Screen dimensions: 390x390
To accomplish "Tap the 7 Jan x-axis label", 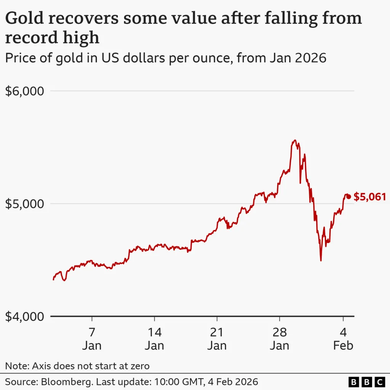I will click(x=92, y=339).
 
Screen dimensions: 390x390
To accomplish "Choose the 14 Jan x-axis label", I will click(x=154, y=339).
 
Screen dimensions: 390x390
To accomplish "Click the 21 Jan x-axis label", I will click(x=217, y=339).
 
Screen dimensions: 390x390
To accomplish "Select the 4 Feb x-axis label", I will click(x=343, y=339).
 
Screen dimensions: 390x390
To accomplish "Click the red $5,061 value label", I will click(x=370, y=197).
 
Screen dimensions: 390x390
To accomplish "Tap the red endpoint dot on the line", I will click(x=348, y=197).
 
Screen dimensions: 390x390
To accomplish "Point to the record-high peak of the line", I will click(x=294, y=141).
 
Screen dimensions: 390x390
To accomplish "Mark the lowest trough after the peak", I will click(x=321, y=261).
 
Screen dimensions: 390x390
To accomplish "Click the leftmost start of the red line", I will click(x=53, y=280).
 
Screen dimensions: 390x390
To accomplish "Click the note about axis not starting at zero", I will click(x=77, y=366).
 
